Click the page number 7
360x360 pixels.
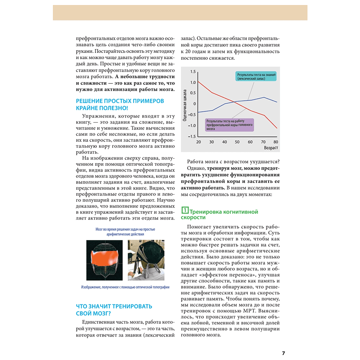tap(283, 353)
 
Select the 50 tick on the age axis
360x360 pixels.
tap(237, 142)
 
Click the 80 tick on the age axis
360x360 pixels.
tap(276, 142)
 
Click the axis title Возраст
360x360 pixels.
tap(271, 148)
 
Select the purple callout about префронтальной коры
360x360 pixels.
tap(229, 125)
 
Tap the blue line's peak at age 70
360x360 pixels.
tap(264, 97)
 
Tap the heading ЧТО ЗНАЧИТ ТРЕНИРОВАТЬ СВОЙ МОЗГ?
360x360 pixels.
tap(114, 309)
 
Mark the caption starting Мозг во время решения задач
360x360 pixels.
tap(125, 231)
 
